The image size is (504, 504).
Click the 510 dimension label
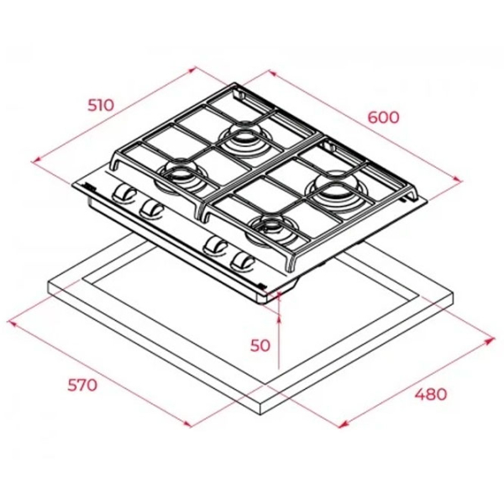click(101, 105)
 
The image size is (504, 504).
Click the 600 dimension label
click(384, 118)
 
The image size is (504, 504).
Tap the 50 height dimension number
click(260, 345)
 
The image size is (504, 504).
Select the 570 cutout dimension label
click(82, 385)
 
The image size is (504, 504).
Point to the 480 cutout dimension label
click(431, 394)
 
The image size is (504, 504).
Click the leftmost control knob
click(124, 193)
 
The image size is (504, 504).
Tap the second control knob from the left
click(151, 209)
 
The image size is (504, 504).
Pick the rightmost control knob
click(243, 260)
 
